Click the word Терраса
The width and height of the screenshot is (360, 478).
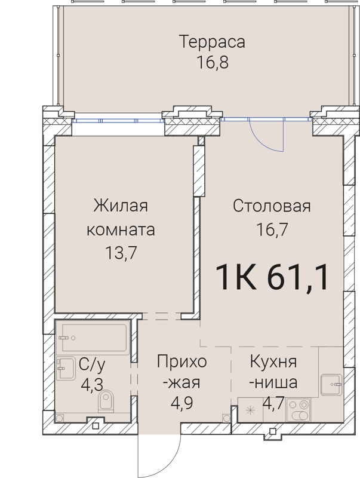click(x=204, y=43)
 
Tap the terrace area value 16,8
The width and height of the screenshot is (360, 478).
click(x=204, y=62)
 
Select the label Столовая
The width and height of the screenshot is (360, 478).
click(x=272, y=207)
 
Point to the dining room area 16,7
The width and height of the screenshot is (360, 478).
click(x=272, y=229)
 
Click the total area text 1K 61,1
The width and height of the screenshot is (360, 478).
click(x=272, y=278)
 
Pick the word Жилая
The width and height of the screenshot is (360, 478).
click(x=120, y=207)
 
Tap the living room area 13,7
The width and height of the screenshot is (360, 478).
click(x=120, y=252)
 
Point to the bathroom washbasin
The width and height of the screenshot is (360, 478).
click(x=63, y=369)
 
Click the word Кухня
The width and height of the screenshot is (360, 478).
click(x=273, y=362)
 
